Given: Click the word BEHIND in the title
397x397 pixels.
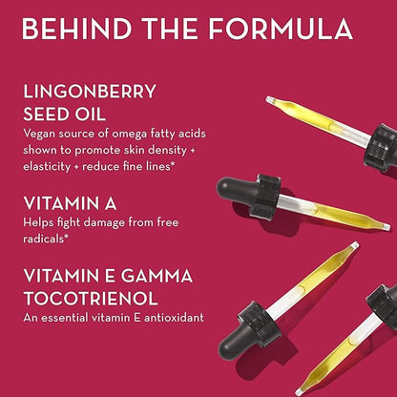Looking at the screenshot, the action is tap(77, 29).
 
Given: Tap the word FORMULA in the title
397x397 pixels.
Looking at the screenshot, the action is tap(281, 29).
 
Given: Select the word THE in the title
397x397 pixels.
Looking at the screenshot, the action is tap(170, 29).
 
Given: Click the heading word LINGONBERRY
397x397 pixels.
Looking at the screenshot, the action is tap(90, 92).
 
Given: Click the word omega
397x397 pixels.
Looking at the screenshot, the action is tap(129, 135).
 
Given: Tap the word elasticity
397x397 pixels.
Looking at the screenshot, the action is tap(47, 166).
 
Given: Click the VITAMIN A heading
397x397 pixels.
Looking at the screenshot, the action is tap(70, 204).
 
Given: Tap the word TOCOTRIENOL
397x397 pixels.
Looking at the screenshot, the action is tap(91, 299).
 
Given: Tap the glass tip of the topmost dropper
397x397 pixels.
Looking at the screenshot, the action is tap(270, 100).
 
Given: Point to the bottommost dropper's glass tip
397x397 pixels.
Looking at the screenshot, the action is tap(299, 392).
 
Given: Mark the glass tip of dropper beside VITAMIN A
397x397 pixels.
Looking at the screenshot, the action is tap(387, 227).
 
